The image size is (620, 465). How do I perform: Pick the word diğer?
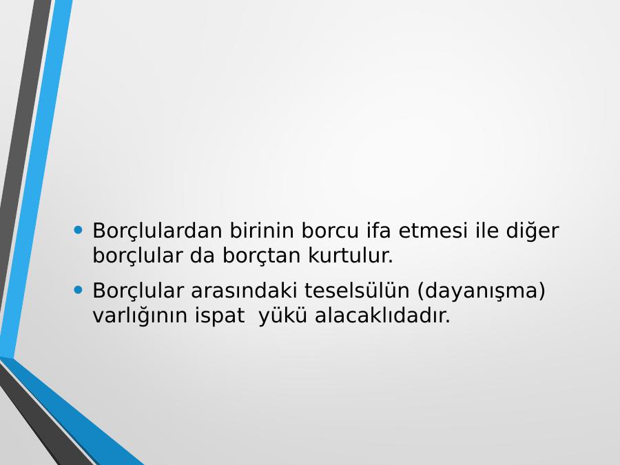point(533,231)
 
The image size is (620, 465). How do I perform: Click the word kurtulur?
point(351,256)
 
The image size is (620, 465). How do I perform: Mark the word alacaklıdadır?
point(382,315)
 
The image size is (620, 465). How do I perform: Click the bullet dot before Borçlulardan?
point(79,229)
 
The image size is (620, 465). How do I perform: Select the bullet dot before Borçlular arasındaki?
point(79,291)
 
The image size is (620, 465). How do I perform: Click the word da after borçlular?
point(203,256)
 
